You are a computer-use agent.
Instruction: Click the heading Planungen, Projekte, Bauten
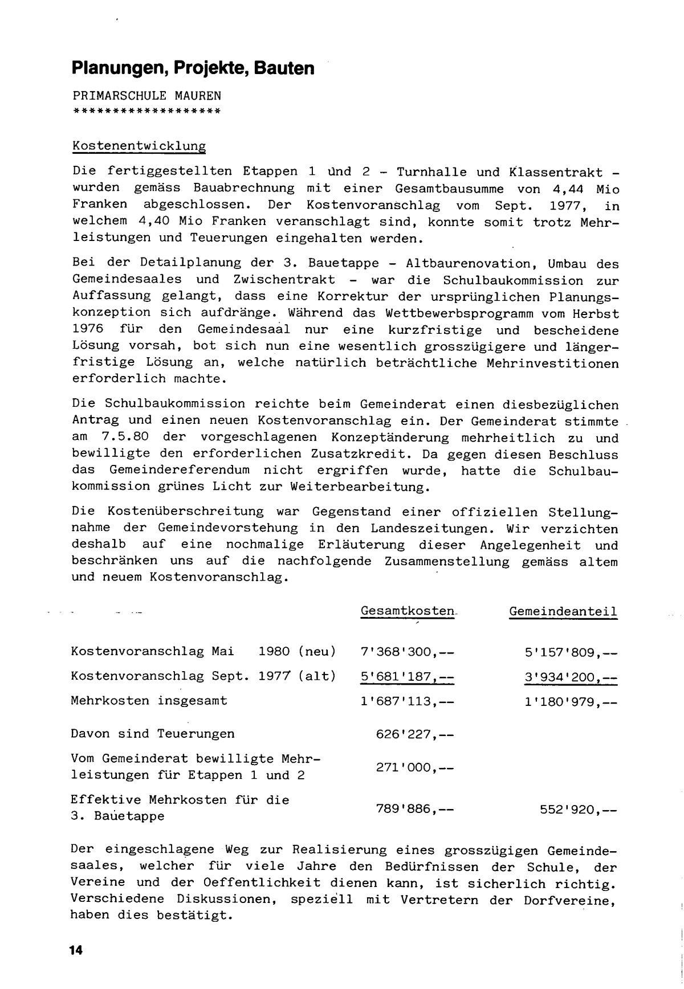193,68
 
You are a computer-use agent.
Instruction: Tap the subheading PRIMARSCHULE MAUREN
146,95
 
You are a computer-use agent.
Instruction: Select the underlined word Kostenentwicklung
139,146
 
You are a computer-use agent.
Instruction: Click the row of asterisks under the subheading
146,110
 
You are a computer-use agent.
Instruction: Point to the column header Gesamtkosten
408,611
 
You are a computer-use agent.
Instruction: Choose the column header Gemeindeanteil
563,611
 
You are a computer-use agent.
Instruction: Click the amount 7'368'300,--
408,651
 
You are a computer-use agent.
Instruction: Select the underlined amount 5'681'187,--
408,676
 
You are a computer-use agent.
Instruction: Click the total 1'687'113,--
408,701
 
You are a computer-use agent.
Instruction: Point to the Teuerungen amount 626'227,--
415,734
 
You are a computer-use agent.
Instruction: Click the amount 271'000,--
415,767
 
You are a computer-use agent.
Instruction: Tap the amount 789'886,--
415,808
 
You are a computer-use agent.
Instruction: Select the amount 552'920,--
579,808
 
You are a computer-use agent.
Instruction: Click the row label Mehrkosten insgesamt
149,701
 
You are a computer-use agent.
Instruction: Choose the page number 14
76,950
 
